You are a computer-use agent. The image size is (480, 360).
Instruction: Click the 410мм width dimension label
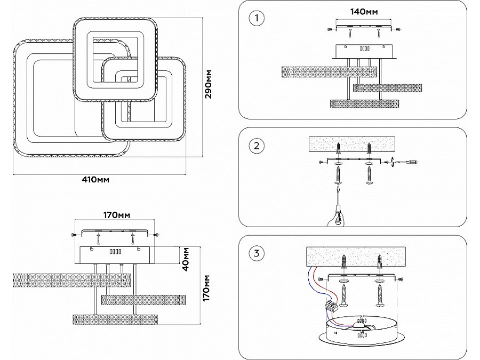tap(95, 179)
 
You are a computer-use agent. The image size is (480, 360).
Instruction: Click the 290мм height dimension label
tap(208, 84)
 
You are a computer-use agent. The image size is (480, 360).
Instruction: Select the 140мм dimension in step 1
tap(364, 12)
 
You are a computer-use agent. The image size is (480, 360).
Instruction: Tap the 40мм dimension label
tap(186, 259)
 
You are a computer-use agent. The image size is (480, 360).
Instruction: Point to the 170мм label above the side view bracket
tap(116, 215)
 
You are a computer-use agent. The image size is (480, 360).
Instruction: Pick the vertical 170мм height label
tap(206, 288)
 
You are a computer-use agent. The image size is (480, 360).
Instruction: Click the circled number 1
tap(257, 18)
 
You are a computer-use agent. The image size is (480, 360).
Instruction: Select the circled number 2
tap(257, 146)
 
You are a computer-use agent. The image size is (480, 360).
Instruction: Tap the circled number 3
tap(257, 253)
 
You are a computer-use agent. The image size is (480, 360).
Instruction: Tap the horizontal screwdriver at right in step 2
tap(404, 162)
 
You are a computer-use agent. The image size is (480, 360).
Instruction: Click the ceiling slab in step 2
tap(352, 144)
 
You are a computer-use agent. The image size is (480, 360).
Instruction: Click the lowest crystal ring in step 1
tap(365, 103)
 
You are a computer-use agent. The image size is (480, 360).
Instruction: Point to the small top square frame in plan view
tap(115, 60)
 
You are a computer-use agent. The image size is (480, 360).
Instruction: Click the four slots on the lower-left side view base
tap(115, 252)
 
